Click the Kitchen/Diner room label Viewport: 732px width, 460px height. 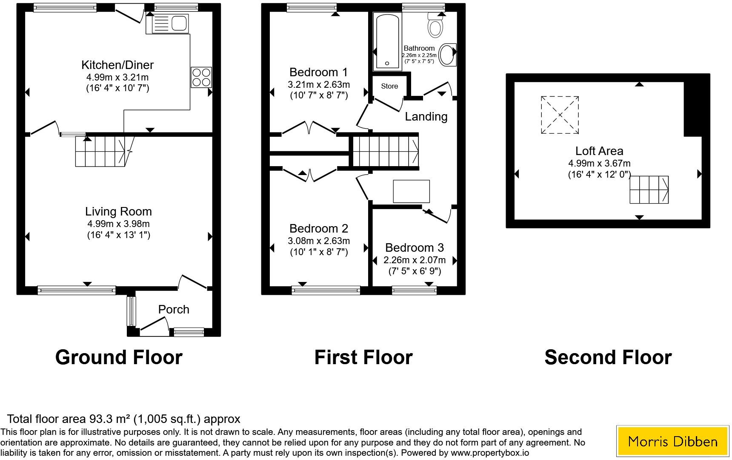(x=117, y=65)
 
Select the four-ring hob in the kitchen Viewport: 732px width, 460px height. (x=201, y=77)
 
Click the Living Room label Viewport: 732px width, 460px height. (x=118, y=212)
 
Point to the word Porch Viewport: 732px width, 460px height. (x=174, y=310)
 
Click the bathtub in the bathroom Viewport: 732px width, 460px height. (x=387, y=41)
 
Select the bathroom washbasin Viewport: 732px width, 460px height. (x=446, y=55)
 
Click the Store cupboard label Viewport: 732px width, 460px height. (x=389, y=86)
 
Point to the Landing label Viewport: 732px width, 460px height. (x=426, y=117)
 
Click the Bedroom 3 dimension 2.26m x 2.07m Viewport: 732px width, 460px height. (x=415, y=260)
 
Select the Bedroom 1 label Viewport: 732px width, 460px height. (x=318, y=72)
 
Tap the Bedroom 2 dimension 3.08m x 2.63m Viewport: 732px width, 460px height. (x=319, y=241)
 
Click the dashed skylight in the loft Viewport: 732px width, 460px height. (x=560, y=115)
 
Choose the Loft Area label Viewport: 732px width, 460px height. (x=599, y=151)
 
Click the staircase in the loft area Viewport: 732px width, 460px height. (x=649, y=190)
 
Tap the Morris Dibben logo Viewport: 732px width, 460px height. (x=672, y=441)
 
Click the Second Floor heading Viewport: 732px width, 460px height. (x=608, y=357)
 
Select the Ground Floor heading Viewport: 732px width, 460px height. (x=119, y=357)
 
